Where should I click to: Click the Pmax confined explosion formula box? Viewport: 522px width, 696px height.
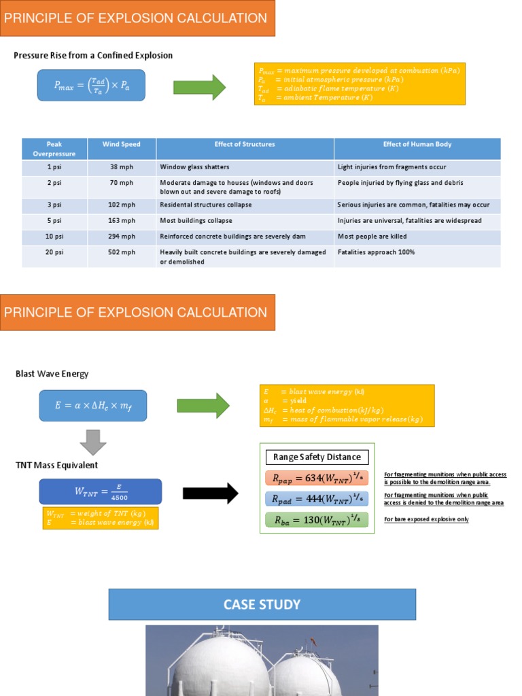coord(91,85)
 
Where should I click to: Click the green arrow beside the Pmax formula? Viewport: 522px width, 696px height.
coord(199,87)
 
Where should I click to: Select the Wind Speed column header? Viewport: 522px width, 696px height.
coord(121,145)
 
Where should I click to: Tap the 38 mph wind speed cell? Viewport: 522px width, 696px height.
coord(121,167)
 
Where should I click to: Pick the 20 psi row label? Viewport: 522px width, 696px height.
coord(54,252)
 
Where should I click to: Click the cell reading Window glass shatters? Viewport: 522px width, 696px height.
coord(194,167)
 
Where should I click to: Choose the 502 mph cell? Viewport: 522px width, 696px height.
coord(121,252)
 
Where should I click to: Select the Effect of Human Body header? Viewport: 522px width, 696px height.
coord(417,145)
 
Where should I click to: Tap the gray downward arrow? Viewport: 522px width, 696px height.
coord(93,442)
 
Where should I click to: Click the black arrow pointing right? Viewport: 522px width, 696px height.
coord(211,493)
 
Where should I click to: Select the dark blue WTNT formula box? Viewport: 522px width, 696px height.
coord(101,491)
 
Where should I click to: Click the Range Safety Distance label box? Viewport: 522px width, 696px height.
coord(317,457)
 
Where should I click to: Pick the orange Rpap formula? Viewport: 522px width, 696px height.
coord(317,478)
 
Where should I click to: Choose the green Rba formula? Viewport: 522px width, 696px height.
coord(317,521)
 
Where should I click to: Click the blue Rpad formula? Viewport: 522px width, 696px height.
coord(317,500)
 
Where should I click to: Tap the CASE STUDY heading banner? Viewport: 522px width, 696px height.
coord(262,604)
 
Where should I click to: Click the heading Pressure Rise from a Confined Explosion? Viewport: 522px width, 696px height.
coord(93,55)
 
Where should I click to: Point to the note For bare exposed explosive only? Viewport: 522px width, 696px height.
coord(426,519)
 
